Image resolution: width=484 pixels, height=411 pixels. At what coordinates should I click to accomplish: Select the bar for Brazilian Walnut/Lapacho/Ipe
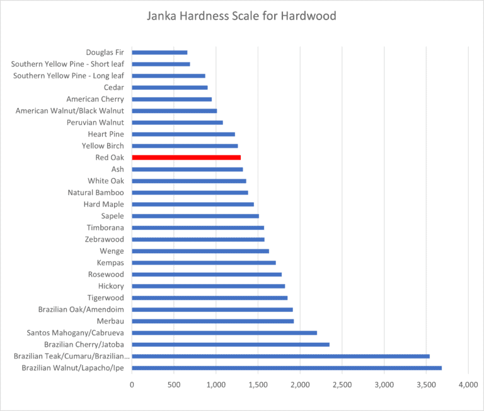coord(287,367)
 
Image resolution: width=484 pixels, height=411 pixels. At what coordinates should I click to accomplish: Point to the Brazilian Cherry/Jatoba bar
coord(231,344)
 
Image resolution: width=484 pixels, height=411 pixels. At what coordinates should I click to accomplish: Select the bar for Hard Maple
coord(193,204)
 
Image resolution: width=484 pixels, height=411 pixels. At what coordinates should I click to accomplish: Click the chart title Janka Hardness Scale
coord(241,16)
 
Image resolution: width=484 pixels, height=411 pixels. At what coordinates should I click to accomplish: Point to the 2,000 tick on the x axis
coord(300,384)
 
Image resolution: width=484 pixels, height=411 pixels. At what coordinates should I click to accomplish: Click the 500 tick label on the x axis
coord(174,384)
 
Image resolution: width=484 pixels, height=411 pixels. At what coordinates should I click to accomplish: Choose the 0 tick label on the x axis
coord(132,384)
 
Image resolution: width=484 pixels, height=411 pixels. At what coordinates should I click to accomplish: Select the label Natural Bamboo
coord(96,193)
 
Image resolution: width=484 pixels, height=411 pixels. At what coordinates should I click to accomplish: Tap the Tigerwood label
coord(105,297)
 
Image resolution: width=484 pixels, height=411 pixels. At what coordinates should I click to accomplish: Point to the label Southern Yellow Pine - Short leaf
coord(67,64)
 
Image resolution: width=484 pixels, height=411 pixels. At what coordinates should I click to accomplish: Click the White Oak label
coord(106,181)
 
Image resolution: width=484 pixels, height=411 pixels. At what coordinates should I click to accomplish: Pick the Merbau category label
coord(111,321)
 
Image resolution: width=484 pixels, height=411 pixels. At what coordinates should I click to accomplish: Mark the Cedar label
coord(113,87)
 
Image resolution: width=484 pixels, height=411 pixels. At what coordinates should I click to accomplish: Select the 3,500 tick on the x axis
coord(426,384)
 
